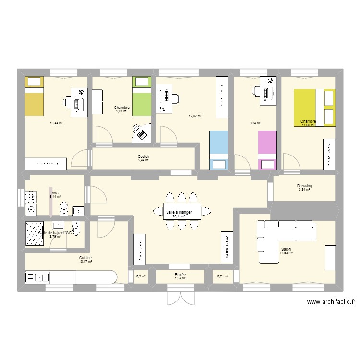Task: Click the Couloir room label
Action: pyautogui.click(x=144, y=156)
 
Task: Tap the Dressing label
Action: pyautogui.click(x=304, y=186)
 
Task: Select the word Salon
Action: pyautogui.click(x=287, y=249)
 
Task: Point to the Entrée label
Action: pyautogui.click(x=180, y=275)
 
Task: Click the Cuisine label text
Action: pyautogui.click(x=86, y=258)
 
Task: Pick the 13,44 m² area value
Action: pyautogui.click(x=57, y=123)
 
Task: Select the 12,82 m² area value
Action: pyautogui.click(x=195, y=116)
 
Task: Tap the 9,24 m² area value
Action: pyautogui.click(x=255, y=123)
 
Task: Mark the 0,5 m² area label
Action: pyautogui.click(x=141, y=276)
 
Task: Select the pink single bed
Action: pyautogui.click(x=267, y=150)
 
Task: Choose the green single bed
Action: pyautogui.click(x=141, y=96)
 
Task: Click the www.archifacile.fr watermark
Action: pyautogui.click(x=331, y=302)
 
